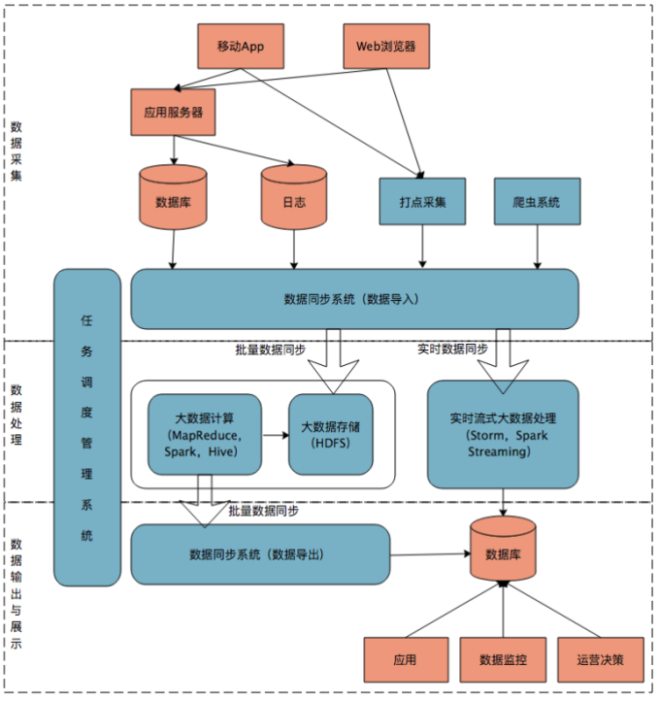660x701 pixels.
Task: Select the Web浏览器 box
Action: click(x=386, y=46)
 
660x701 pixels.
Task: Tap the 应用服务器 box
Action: click(x=173, y=112)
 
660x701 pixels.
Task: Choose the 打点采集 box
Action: click(x=420, y=202)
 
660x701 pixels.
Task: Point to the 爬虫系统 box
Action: click(x=536, y=202)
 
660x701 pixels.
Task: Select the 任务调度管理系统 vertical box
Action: click(x=87, y=427)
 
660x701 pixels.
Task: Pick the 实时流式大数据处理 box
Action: click(x=502, y=434)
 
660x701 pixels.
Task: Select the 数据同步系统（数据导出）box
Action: click(x=259, y=554)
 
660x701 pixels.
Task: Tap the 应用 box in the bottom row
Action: click(x=405, y=660)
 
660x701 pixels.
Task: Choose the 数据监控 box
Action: click(x=503, y=660)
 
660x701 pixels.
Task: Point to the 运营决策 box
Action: click(x=601, y=660)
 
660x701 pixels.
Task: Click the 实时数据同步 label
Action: click(x=452, y=349)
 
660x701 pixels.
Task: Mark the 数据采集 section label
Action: click(x=16, y=151)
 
